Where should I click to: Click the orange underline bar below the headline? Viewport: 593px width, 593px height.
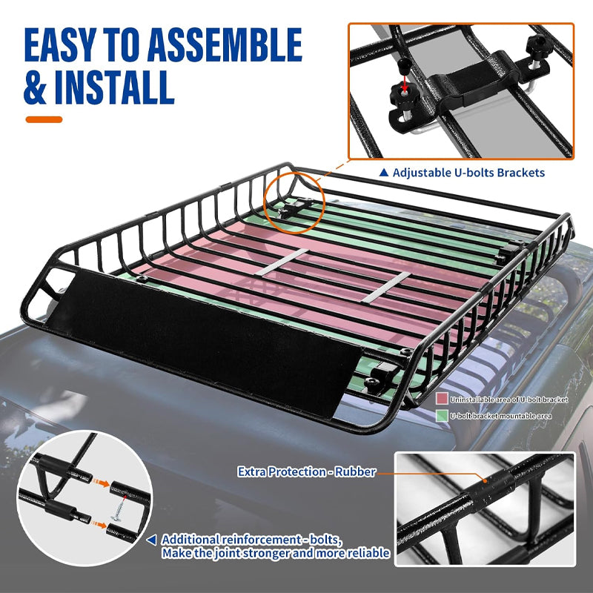[x=44, y=119]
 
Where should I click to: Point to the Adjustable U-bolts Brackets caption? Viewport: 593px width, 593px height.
[x=468, y=173]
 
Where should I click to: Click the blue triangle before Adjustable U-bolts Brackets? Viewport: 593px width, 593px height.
[x=383, y=173]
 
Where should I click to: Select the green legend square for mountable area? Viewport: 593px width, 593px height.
[x=442, y=416]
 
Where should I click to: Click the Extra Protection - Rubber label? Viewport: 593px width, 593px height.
[x=306, y=471]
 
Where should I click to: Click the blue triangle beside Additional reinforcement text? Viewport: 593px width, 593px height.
[x=152, y=540]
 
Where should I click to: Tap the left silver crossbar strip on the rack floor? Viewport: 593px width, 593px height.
[x=282, y=262]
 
